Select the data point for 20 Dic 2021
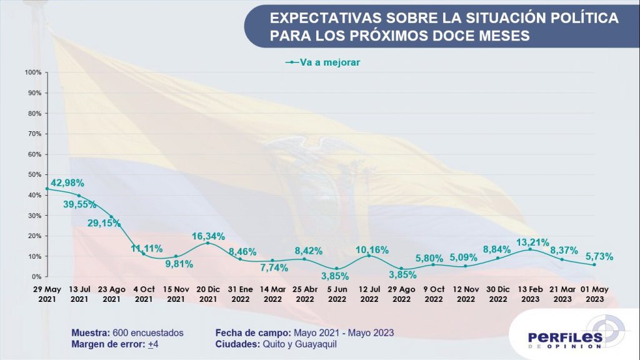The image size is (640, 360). tap(207, 243)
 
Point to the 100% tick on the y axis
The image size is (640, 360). tap(33, 72)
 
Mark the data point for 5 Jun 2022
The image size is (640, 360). tap(336, 269)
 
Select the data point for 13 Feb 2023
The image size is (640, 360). tap(530, 249)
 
